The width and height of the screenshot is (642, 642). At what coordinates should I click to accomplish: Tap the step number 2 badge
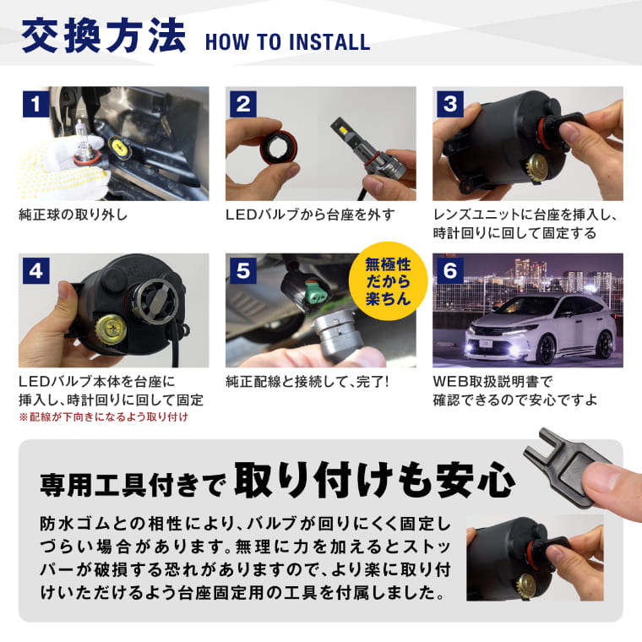(243, 105)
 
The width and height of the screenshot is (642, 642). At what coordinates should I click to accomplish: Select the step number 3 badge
(450, 105)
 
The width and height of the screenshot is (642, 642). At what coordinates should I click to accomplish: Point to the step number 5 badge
(243, 271)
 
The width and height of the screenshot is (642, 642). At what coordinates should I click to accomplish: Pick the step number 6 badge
(450, 271)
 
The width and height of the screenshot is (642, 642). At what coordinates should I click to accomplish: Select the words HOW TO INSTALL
(287, 42)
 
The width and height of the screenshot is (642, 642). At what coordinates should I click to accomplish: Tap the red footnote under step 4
(102, 417)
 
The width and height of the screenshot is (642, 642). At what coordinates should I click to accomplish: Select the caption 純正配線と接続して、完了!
(307, 381)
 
